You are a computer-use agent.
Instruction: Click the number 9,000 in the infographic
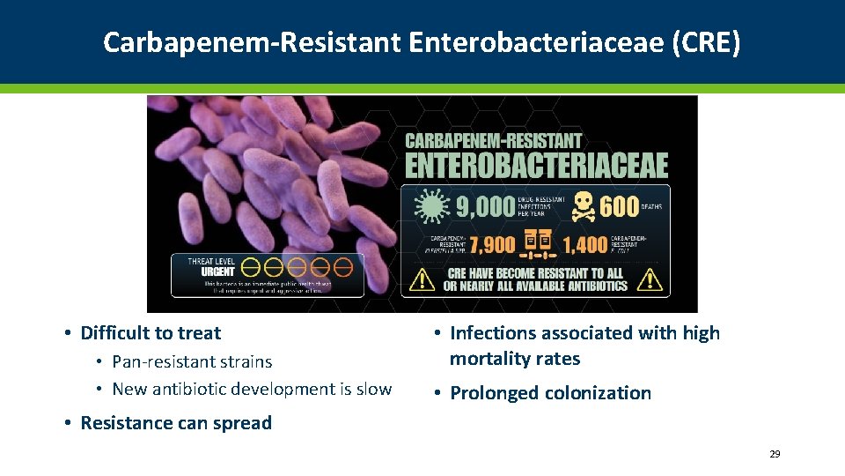click(x=485, y=206)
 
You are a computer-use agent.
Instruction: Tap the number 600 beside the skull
click(x=619, y=206)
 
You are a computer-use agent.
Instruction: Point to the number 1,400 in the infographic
click(x=585, y=244)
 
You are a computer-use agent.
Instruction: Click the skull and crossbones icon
click(x=582, y=206)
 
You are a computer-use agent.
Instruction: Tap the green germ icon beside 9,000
click(x=430, y=206)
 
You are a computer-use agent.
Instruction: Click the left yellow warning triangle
click(x=423, y=279)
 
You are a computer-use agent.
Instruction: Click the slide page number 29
click(x=775, y=454)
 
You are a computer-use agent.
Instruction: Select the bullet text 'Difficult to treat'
click(x=151, y=333)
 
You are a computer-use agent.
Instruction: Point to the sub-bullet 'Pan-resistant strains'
click(x=192, y=361)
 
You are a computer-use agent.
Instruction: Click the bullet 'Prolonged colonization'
click(x=550, y=393)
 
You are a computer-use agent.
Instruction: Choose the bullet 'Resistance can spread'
click(x=176, y=423)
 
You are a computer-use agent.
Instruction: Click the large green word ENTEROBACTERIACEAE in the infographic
click(x=536, y=165)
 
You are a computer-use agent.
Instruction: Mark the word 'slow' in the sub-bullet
click(x=372, y=389)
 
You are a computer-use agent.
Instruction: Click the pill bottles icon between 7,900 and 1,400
click(x=538, y=243)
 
